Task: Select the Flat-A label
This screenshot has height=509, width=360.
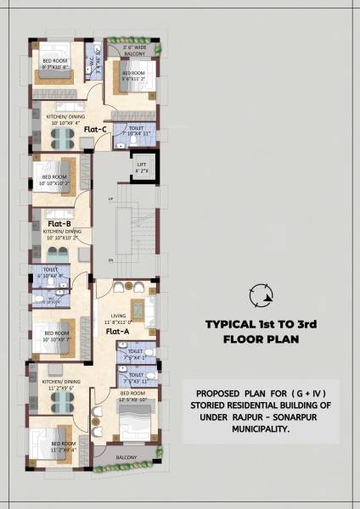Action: (x=117, y=332)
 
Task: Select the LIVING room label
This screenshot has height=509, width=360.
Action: (x=114, y=317)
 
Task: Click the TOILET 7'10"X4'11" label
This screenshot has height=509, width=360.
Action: (x=136, y=131)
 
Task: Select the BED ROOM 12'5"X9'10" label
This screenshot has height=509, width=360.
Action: (x=132, y=395)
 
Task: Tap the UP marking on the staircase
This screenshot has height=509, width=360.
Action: (x=110, y=199)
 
